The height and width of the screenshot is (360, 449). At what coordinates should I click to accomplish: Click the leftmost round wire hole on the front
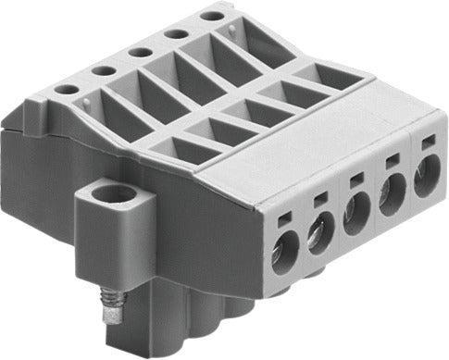point(283,254)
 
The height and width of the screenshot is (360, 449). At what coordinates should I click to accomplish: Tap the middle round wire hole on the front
point(355,217)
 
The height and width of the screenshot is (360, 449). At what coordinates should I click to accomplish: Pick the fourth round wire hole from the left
point(392,195)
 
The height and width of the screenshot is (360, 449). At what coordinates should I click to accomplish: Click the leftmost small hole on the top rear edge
point(66,89)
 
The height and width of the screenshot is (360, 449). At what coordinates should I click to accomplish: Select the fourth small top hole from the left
point(176,32)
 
